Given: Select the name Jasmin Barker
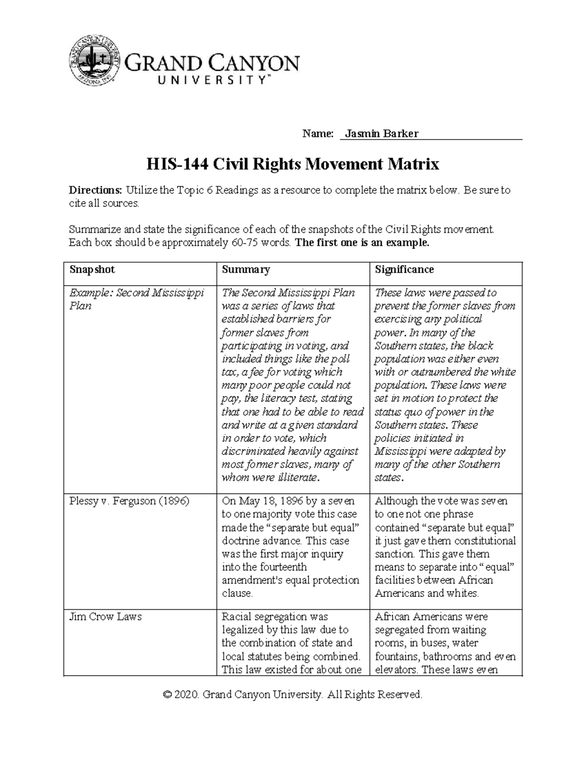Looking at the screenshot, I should click(x=381, y=134).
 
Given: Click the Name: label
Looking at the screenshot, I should click(x=317, y=134).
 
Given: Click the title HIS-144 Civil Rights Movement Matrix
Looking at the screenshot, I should click(x=293, y=164).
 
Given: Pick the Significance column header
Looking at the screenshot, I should click(x=404, y=270).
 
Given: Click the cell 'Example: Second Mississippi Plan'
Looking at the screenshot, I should click(x=136, y=299).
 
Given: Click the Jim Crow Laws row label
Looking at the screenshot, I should click(x=105, y=617).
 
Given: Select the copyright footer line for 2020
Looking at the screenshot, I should click(x=293, y=695).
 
